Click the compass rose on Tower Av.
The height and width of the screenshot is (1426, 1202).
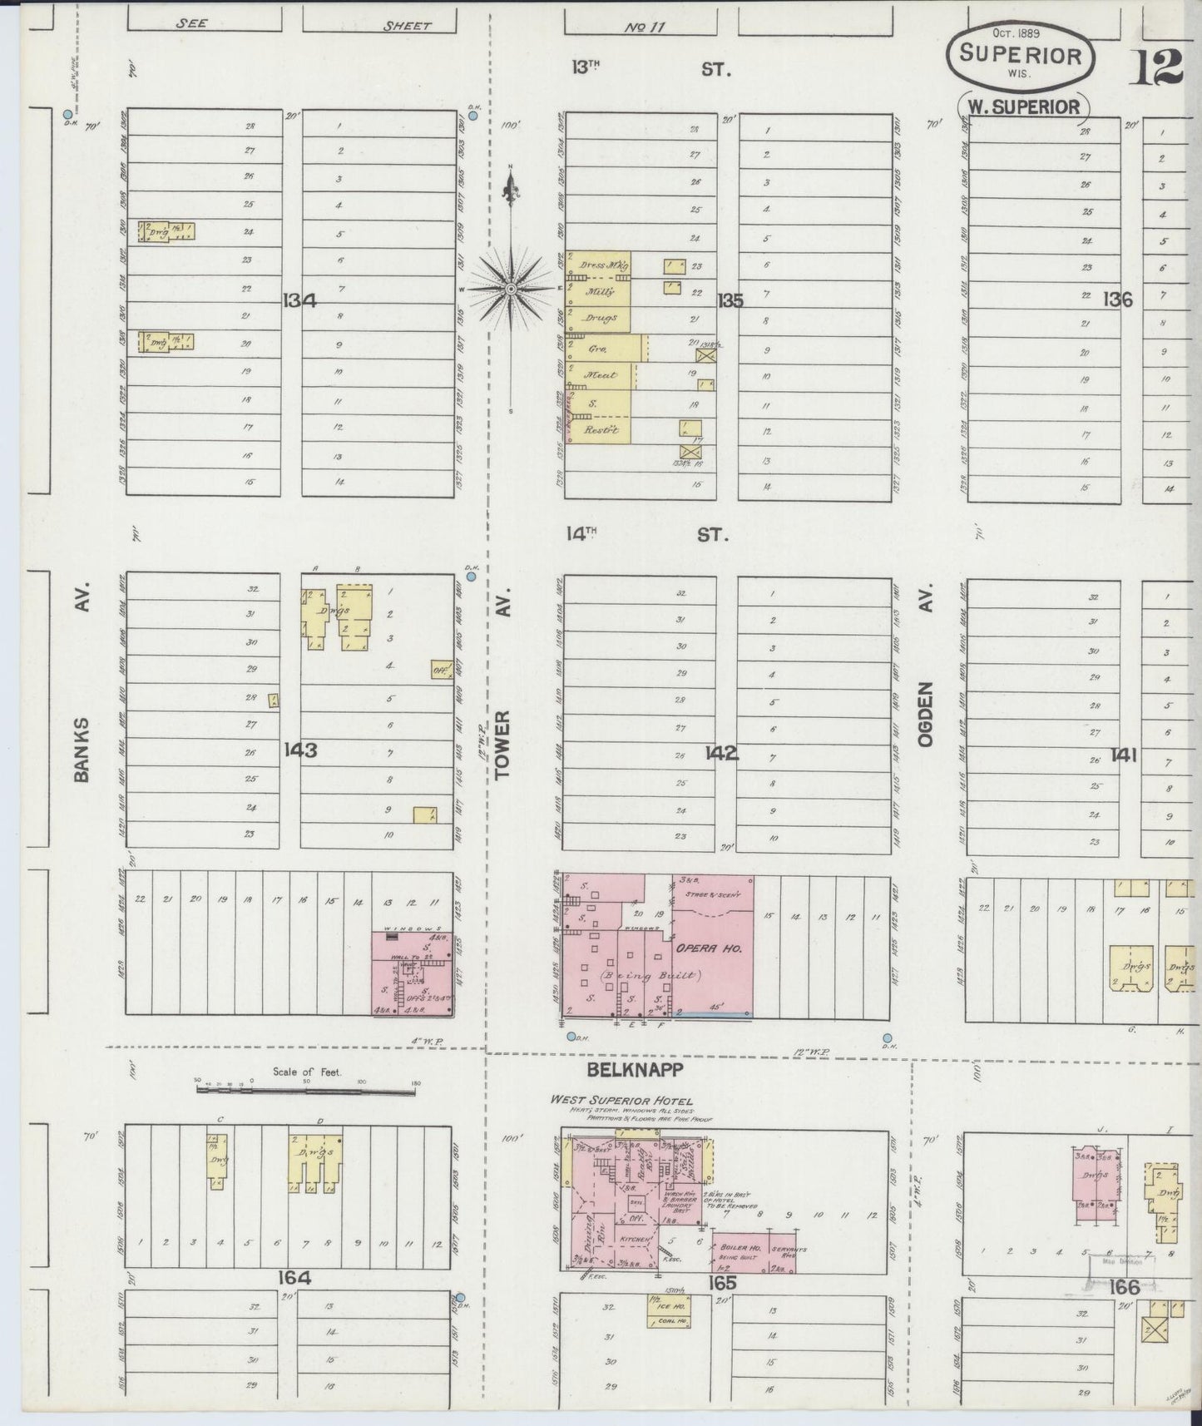click(x=510, y=288)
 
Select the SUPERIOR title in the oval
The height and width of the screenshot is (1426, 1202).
click(x=1020, y=57)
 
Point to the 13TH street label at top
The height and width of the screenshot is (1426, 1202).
click(x=586, y=68)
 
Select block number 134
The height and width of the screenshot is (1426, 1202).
click(x=299, y=300)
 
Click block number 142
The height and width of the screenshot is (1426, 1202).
click(x=721, y=753)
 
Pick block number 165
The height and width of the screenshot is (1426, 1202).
click(x=723, y=1283)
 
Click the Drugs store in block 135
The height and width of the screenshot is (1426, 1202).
click(x=600, y=318)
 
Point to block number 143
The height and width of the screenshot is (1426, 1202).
click(x=300, y=750)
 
